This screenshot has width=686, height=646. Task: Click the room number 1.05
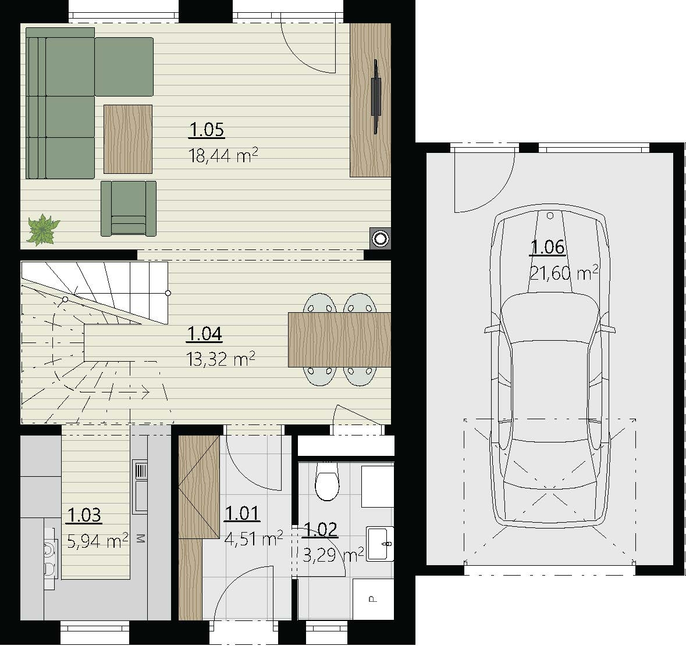[x=207, y=130]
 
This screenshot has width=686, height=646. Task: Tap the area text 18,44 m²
[x=223, y=155]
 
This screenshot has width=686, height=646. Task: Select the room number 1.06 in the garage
[x=548, y=247]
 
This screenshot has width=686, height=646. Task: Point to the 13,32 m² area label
[x=221, y=359]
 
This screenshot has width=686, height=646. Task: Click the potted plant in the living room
[x=42, y=229]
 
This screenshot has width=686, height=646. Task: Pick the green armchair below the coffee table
[x=129, y=209]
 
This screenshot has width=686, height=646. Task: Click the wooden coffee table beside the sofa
[x=128, y=139]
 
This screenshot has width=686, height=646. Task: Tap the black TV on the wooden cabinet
[x=376, y=96]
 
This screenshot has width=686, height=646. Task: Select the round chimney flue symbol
[x=380, y=238]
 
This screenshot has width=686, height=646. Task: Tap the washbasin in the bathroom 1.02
[x=380, y=544]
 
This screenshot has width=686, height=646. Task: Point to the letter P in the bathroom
[x=373, y=599]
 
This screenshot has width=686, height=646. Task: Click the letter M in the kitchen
[x=140, y=538]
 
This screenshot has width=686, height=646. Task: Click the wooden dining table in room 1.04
[x=339, y=340]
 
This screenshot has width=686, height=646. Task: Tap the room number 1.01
[x=242, y=514]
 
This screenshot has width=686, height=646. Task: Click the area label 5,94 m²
[x=98, y=541]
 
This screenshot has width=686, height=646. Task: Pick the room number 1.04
[x=204, y=334]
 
